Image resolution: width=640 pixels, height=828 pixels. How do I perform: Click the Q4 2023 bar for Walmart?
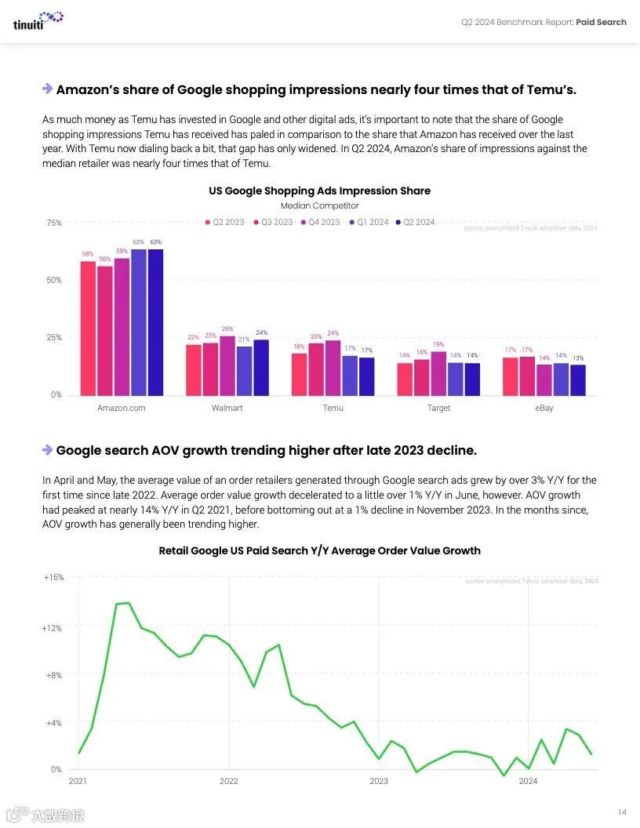[x=227, y=365]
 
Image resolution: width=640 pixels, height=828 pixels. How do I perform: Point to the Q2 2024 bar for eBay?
[x=578, y=379]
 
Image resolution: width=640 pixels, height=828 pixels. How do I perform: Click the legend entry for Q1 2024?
[x=369, y=222]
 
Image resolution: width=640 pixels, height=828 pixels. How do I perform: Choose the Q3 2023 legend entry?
[x=272, y=222]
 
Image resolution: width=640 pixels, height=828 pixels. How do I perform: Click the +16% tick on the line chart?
[x=53, y=577]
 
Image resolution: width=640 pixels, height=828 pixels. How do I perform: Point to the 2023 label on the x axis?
[x=379, y=781]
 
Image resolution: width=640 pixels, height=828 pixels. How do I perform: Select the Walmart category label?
[x=227, y=408]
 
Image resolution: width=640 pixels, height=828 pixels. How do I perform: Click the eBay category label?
[x=544, y=408]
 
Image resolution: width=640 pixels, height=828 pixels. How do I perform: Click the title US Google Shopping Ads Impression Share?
[x=319, y=191]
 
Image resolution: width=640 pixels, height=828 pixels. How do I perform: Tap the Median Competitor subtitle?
[x=319, y=205]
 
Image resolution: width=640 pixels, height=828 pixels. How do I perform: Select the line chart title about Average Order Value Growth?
[x=319, y=550]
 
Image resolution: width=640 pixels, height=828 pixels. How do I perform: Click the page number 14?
[x=622, y=812]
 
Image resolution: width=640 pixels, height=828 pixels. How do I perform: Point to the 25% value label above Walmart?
[x=227, y=329]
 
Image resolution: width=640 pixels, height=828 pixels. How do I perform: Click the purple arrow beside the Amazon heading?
[x=47, y=89]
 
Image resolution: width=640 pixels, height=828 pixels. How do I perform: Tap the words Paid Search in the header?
[x=601, y=22]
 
